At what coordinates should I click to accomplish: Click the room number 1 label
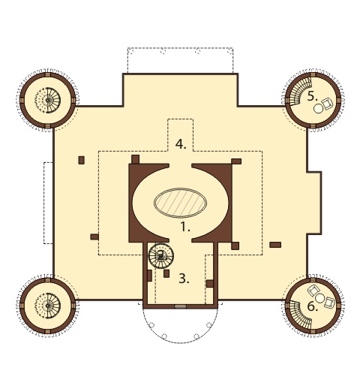pyautogui.click(x=185, y=228)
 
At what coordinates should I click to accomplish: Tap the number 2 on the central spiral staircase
pyautogui.click(x=161, y=255)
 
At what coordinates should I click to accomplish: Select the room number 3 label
pyautogui.click(x=184, y=279)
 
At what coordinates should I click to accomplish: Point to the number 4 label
pyautogui.click(x=181, y=144)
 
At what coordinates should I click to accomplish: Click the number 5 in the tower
pyautogui.click(x=312, y=96)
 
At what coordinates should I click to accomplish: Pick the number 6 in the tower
pyautogui.click(x=312, y=306)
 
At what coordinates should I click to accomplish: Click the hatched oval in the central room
pyautogui.click(x=180, y=203)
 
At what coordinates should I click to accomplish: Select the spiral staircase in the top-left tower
pyautogui.click(x=47, y=101)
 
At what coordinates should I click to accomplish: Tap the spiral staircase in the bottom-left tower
pyautogui.click(x=47, y=306)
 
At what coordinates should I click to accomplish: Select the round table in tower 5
pyautogui.click(x=319, y=108)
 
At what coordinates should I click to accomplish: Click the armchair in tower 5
pyautogui.click(x=327, y=104)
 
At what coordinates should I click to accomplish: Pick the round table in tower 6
pyautogui.click(x=319, y=298)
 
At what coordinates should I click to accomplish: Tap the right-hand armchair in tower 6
pyautogui.click(x=329, y=302)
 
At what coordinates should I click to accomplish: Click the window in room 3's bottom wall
pyautogui.click(x=180, y=306)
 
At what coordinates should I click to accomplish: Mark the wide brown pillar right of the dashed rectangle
pyautogui.click(x=275, y=245)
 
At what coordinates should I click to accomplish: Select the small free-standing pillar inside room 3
pyautogui.click(x=166, y=273)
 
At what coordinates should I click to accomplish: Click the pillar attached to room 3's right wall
pyautogui.click(x=210, y=284)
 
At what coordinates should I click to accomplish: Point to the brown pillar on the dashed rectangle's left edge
pyautogui.click(x=94, y=237)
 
